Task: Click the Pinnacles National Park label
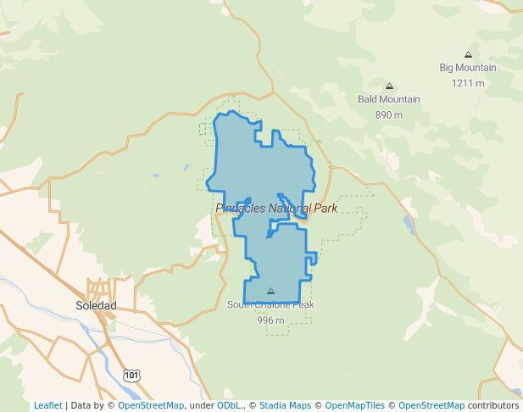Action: coord(276,208)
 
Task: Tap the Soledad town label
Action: coord(96,305)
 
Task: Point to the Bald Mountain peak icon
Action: coord(389,86)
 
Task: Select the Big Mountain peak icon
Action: coord(468,54)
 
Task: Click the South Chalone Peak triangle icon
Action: coord(270,291)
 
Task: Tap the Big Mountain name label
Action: coord(468,68)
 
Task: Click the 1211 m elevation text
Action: coord(468,83)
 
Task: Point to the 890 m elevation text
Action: coord(389,114)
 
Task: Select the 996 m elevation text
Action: coord(270,320)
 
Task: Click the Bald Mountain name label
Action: coord(389,99)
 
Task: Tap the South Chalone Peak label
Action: coord(270,305)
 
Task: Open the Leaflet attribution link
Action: coord(47,405)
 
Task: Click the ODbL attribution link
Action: coord(228,405)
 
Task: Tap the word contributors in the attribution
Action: coord(493,405)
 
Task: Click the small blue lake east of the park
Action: coord(409,225)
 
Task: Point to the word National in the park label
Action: coord(291,208)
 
